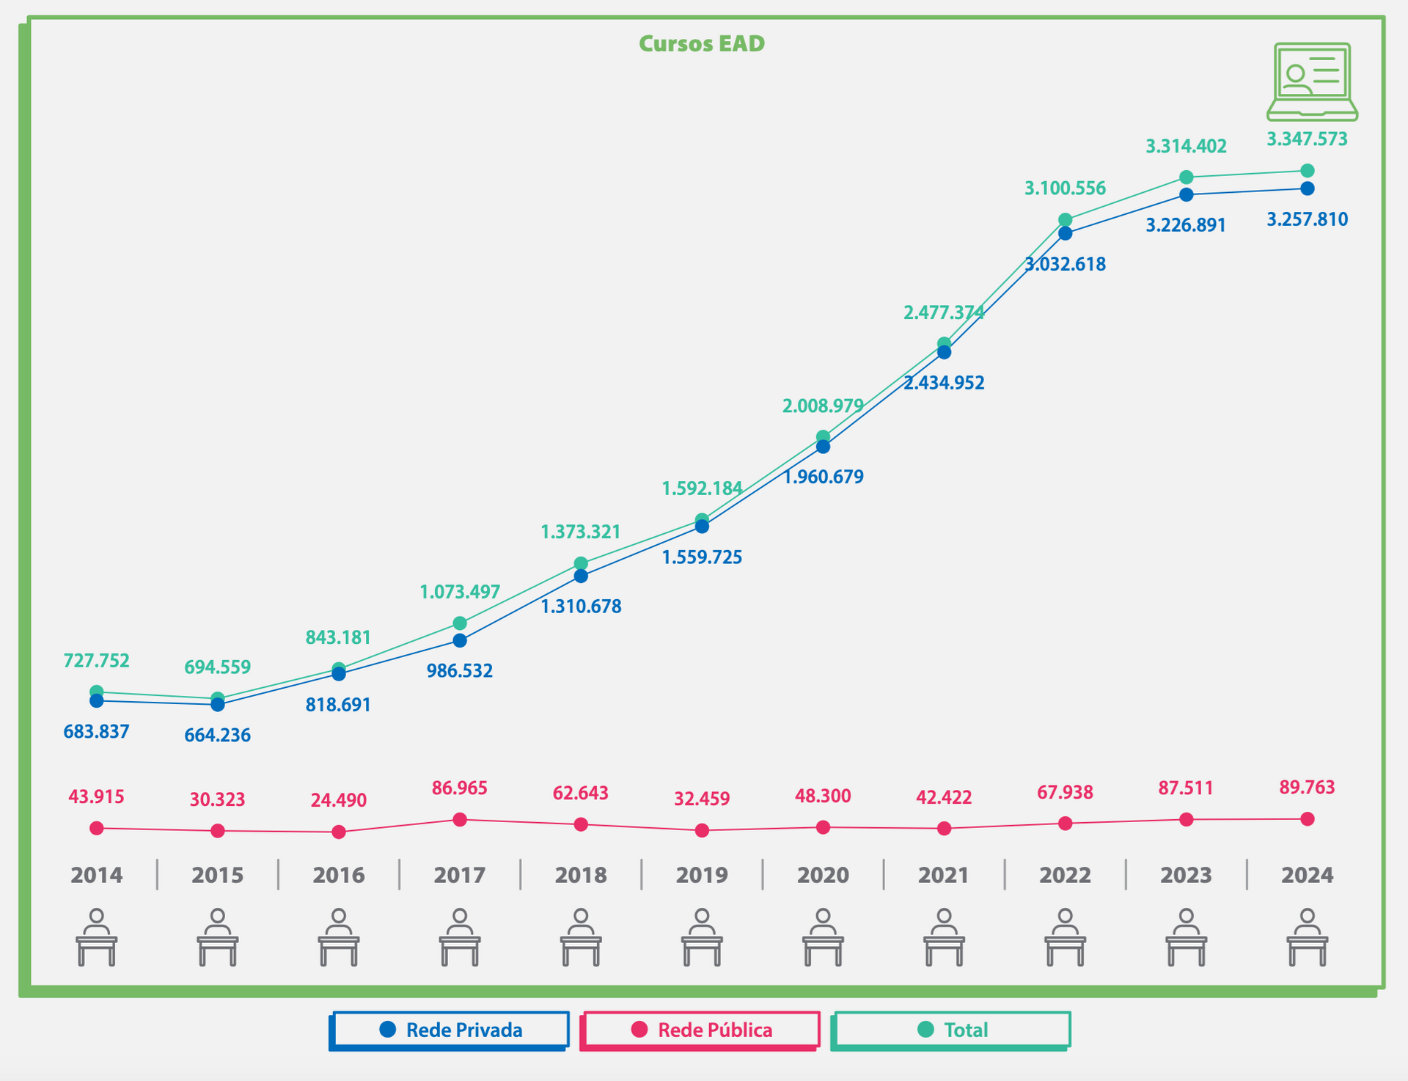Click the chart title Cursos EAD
tap(702, 44)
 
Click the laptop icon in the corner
tap(1312, 81)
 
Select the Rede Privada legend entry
tap(450, 1030)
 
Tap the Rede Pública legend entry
tap(700, 1030)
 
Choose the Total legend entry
tap(952, 1030)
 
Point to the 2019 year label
tap(702, 875)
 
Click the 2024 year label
tap(1307, 875)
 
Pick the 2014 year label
tap(97, 875)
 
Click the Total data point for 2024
tap(1308, 171)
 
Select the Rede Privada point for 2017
tap(460, 640)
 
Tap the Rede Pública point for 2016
tap(339, 832)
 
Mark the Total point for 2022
tap(1066, 220)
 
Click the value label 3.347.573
tap(1307, 139)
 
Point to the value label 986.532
tap(460, 671)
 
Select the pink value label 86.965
tap(460, 788)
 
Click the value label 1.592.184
tap(702, 488)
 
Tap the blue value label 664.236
tap(218, 735)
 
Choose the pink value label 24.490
tap(339, 800)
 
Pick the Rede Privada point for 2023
tap(1187, 195)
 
